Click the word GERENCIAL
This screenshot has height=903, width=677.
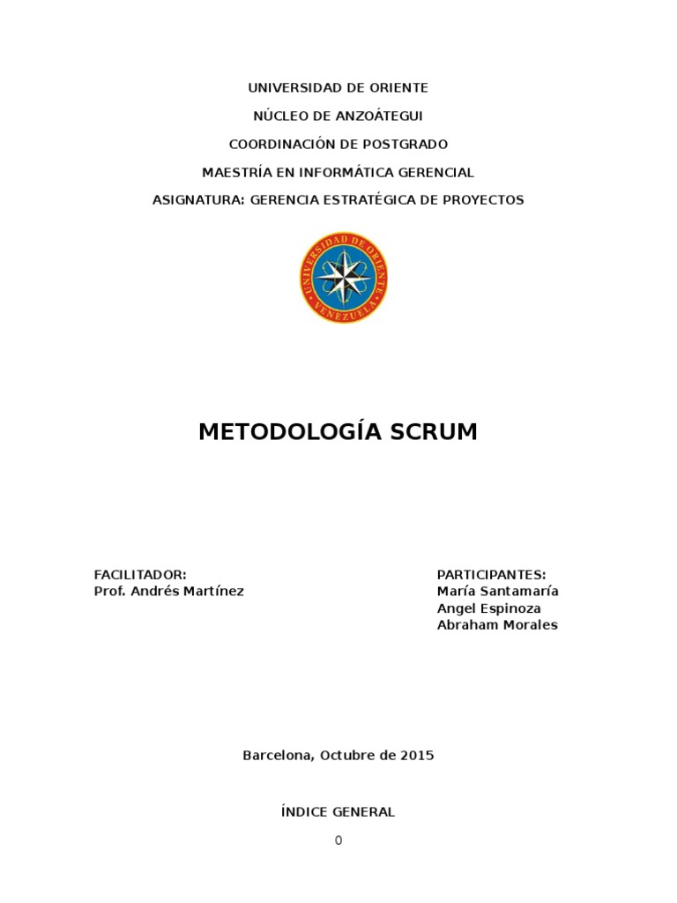pyautogui.click(x=429, y=172)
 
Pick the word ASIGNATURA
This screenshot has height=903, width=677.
pyautogui.click(x=197, y=200)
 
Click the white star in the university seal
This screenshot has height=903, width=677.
pyautogui.click(x=343, y=277)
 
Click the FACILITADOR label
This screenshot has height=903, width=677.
pyautogui.click(x=140, y=574)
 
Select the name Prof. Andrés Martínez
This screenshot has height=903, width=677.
pyautogui.click(x=168, y=592)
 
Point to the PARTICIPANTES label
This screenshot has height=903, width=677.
pyautogui.click(x=491, y=574)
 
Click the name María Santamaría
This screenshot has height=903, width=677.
pyautogui.click(x=497, y=592)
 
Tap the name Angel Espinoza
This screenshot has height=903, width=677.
pyautogui.click(x=488, y=608)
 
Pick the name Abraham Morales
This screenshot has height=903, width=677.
pyautogui.click(x=497, y=625)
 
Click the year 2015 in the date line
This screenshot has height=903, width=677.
pyautogui.click(x=416, y=756)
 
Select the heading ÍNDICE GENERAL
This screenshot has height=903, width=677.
pyautogui.click(x=338, y=812)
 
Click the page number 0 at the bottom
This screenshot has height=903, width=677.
pyautogui.click(x=338, y=840)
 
